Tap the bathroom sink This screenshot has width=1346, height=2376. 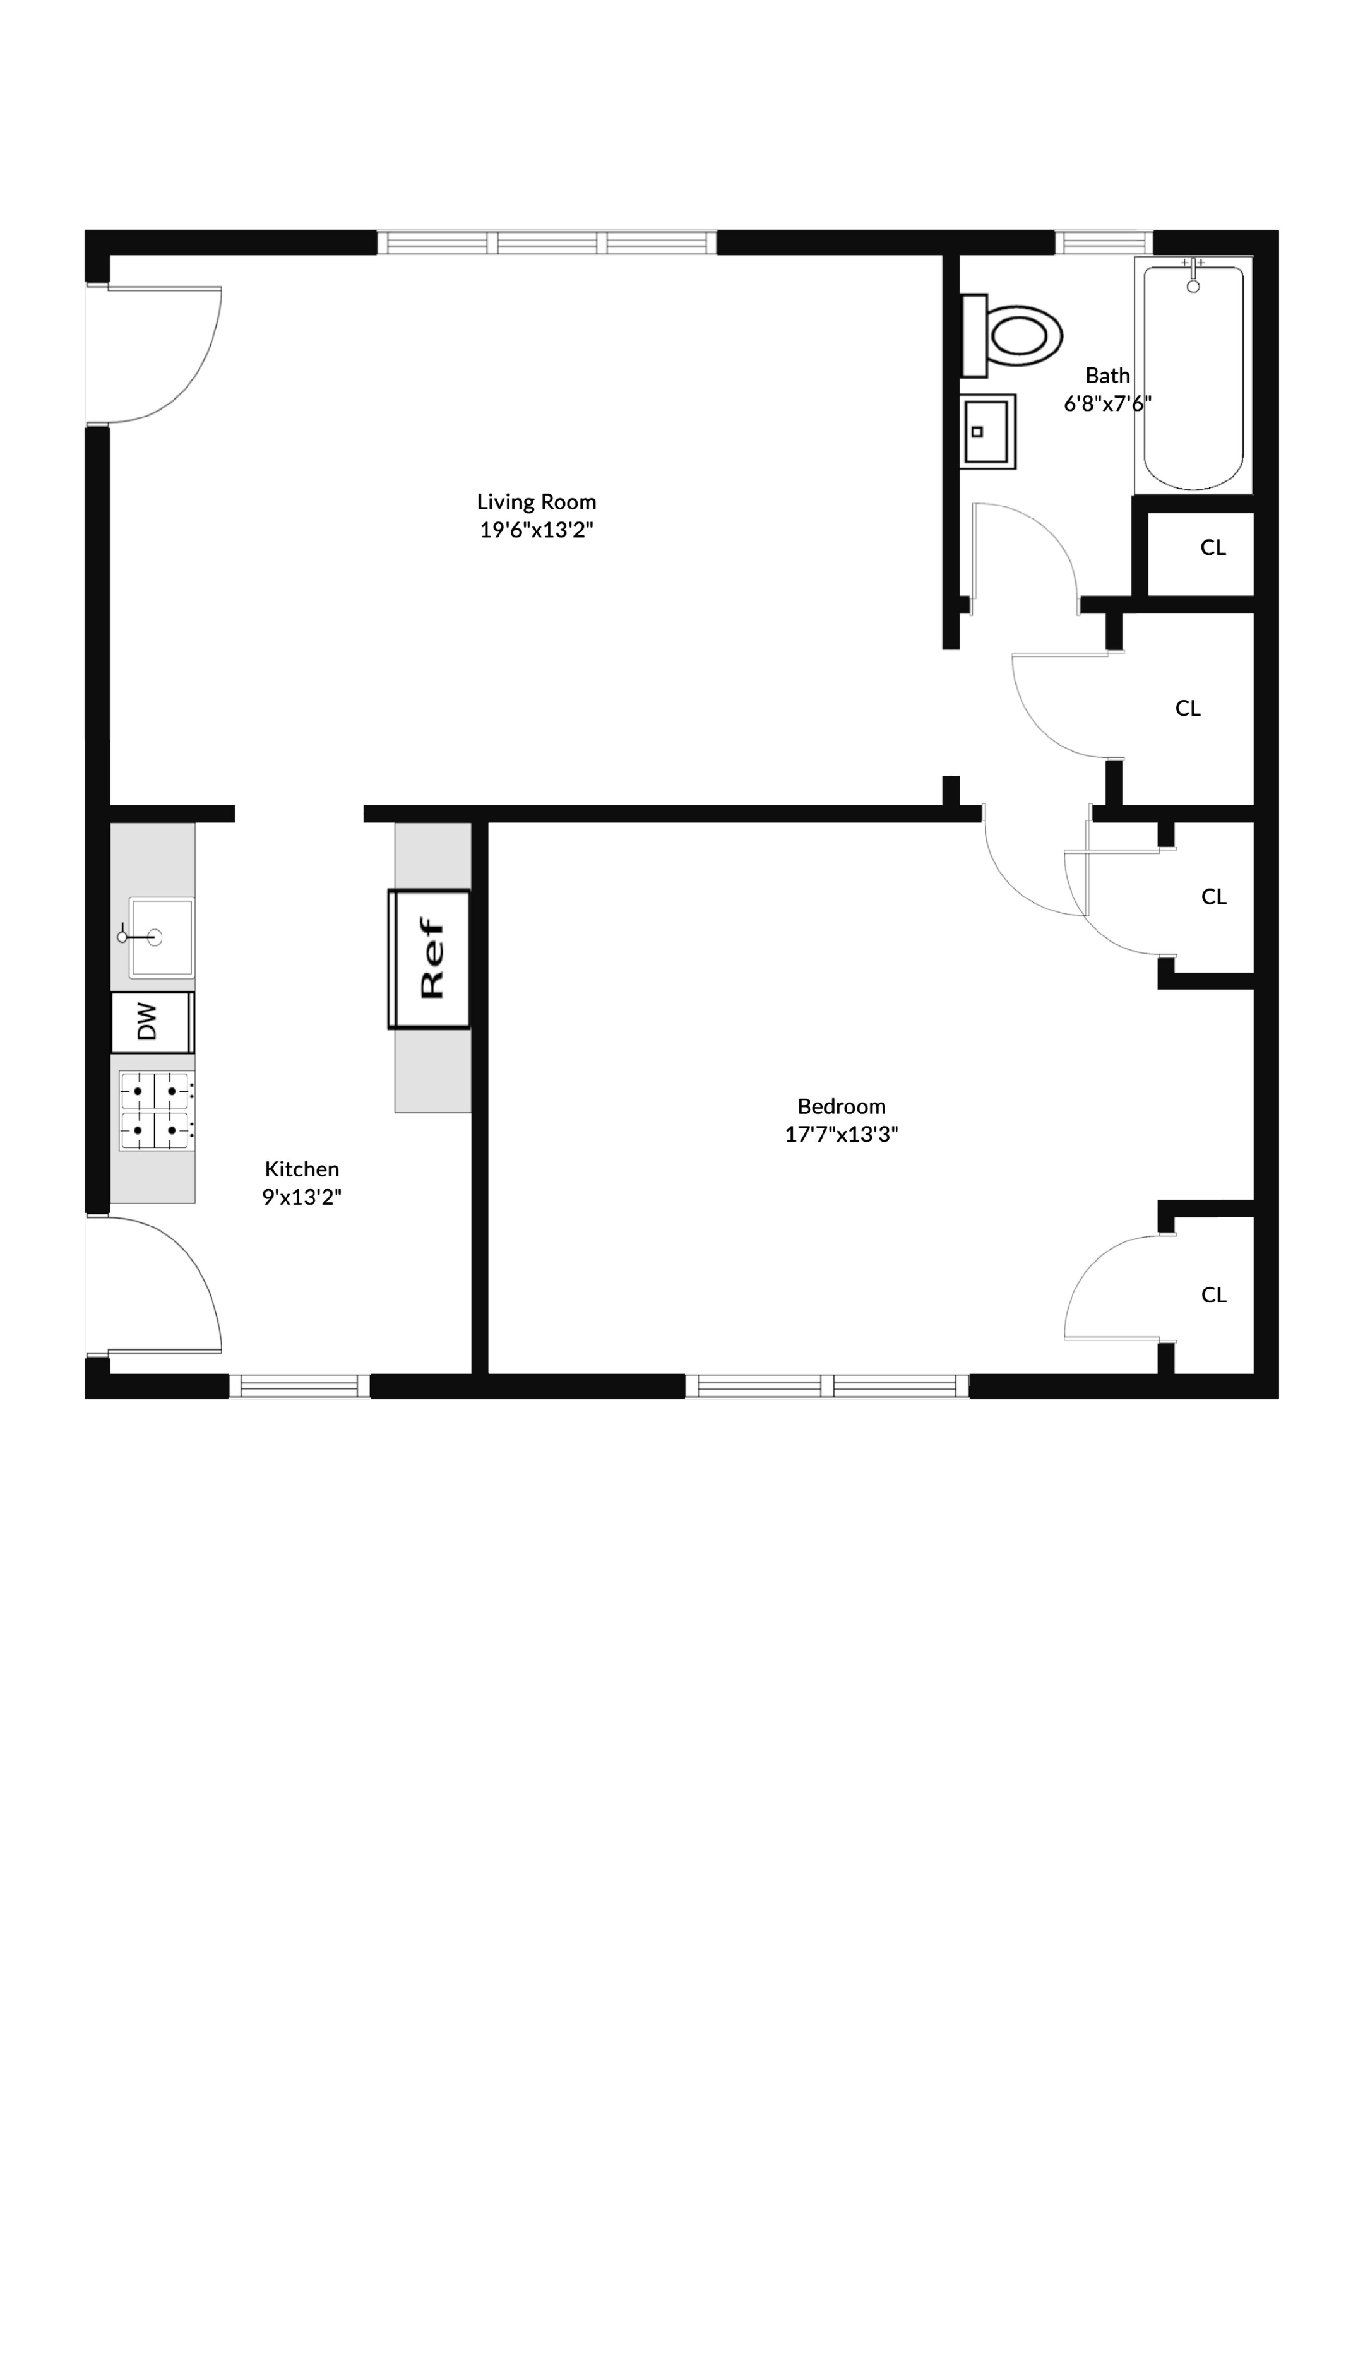point(987,431)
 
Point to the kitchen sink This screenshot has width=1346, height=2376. point(161,937)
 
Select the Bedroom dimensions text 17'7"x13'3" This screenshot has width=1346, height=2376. point(841,1135)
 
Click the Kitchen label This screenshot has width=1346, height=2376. point(301,1169)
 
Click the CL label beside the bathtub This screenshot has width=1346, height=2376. point(1213,547)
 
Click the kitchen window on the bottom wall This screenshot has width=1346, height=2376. point(299,1386)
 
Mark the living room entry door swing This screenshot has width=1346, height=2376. point(162,356)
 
